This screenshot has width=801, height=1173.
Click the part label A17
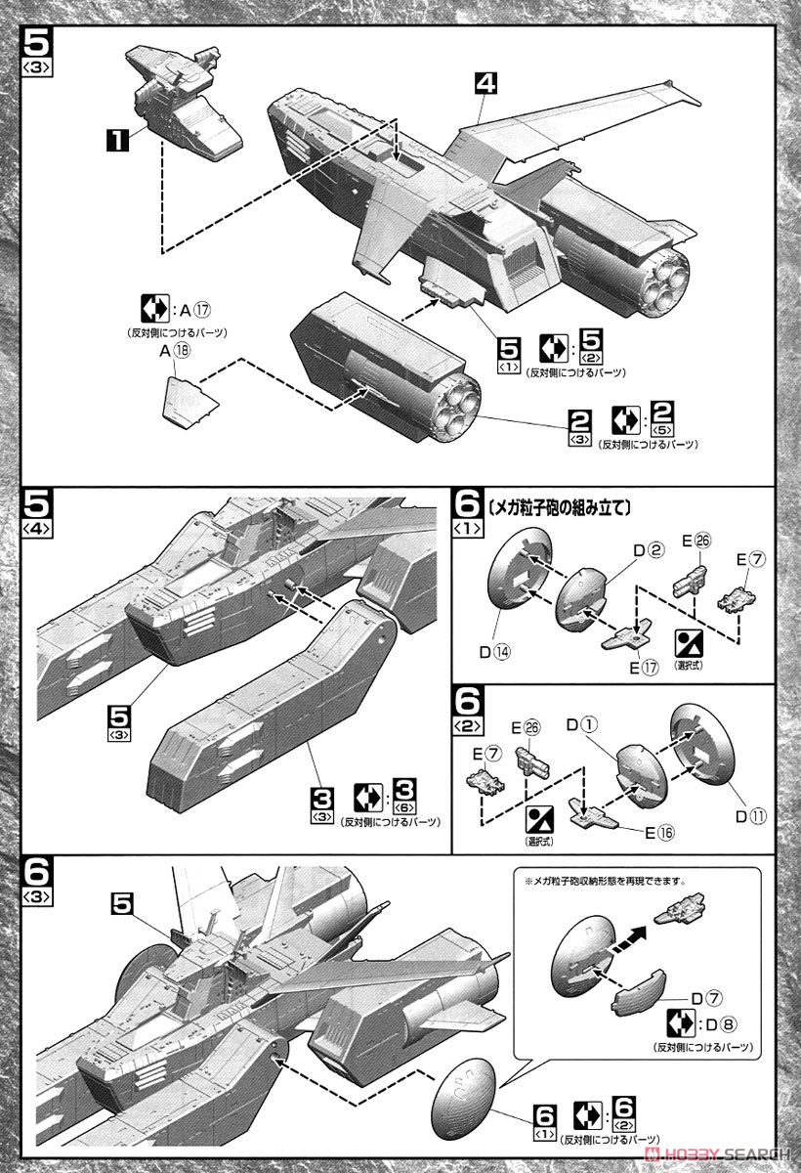[x=193, y=311]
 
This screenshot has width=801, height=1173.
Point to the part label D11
[x=755, y=814]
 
